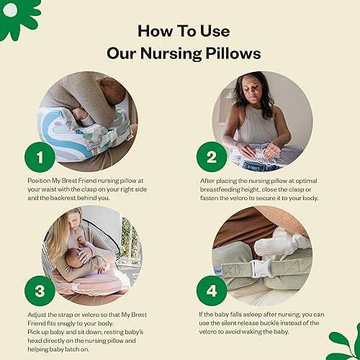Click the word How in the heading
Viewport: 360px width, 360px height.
[153, 32]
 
